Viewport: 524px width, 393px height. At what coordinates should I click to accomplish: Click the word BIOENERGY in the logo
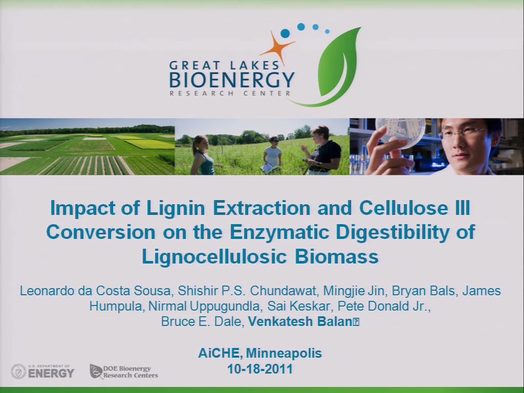tap(232, 80)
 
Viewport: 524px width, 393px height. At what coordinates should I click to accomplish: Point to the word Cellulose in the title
tap(403, 208)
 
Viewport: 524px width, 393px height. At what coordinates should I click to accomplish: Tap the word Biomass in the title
tap(337, 257)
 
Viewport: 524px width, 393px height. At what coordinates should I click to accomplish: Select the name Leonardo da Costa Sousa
tap(95, 291)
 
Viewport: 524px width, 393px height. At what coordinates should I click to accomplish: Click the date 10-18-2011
tap(260, 369)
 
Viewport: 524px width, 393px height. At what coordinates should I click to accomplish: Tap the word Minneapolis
tap(283, 353)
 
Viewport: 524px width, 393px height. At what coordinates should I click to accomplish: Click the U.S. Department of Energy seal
tap(18, 372)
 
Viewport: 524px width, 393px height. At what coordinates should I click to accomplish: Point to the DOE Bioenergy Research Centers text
tap(130, 372)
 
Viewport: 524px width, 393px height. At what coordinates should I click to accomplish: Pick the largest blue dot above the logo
tap(285, 33)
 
